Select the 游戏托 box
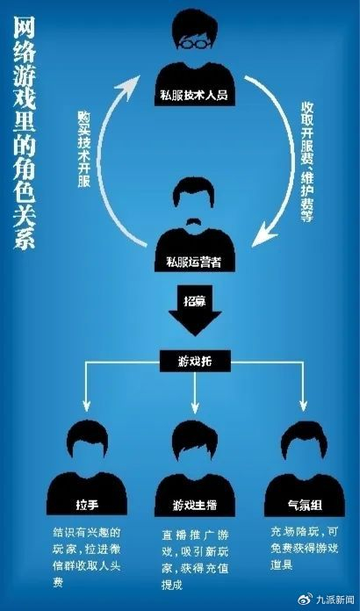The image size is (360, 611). (193, 359)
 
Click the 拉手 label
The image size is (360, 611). (85, 504)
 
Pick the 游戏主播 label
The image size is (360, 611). (195, 504)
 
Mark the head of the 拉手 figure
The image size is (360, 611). (85, 444)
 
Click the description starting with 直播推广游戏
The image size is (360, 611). (194, 551)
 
